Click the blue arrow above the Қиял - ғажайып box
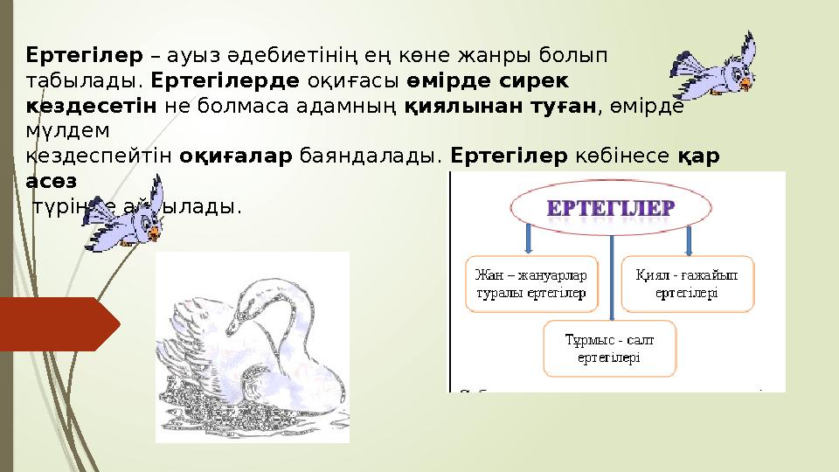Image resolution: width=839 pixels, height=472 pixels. [687, 238]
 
